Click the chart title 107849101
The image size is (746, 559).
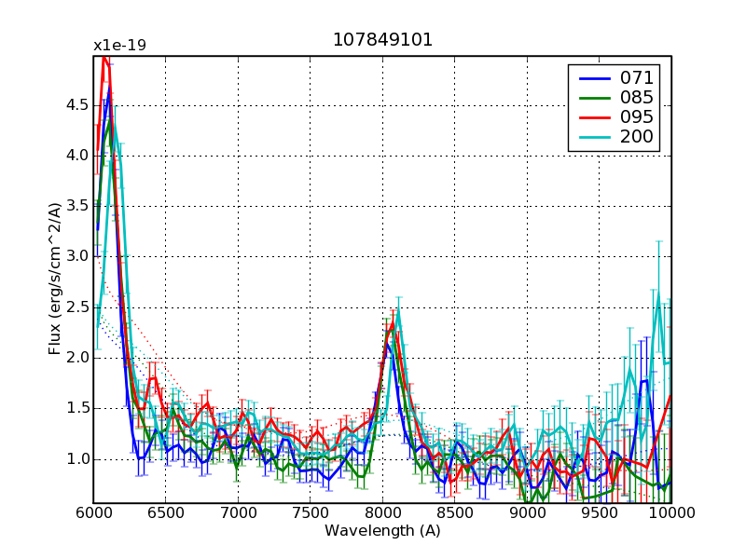click(382, 40)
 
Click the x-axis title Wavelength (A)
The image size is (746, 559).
click(382, 531)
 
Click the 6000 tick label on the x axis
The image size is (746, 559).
click(93, 513)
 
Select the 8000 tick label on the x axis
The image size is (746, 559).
click(382, 513)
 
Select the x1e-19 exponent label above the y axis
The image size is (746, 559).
click(119, 46)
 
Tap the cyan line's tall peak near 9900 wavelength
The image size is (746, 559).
click(658, 296)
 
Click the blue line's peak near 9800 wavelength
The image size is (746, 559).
click(643, 380)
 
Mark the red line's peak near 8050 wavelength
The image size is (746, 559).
click(390, 323)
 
